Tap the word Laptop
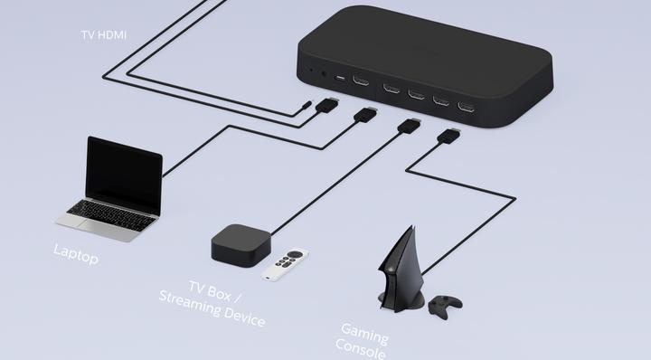tap(75, 253)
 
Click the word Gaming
tap(364, 334)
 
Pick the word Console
tap(361, 350)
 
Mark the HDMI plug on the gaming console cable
tap(448, 137)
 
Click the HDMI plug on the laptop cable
tap(364, 116)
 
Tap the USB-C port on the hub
tap(340, 79)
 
